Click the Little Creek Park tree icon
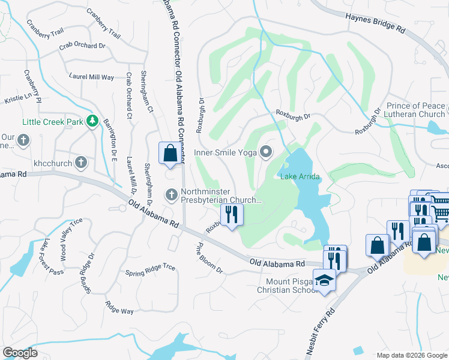click(92, 122)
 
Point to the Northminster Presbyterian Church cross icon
click(171, 194)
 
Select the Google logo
click(20, 353)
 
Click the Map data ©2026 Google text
click(411, 355)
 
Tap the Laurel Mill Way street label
click(91, 77)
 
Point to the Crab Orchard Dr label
click(82, 46)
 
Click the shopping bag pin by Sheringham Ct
click(170, 153)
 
